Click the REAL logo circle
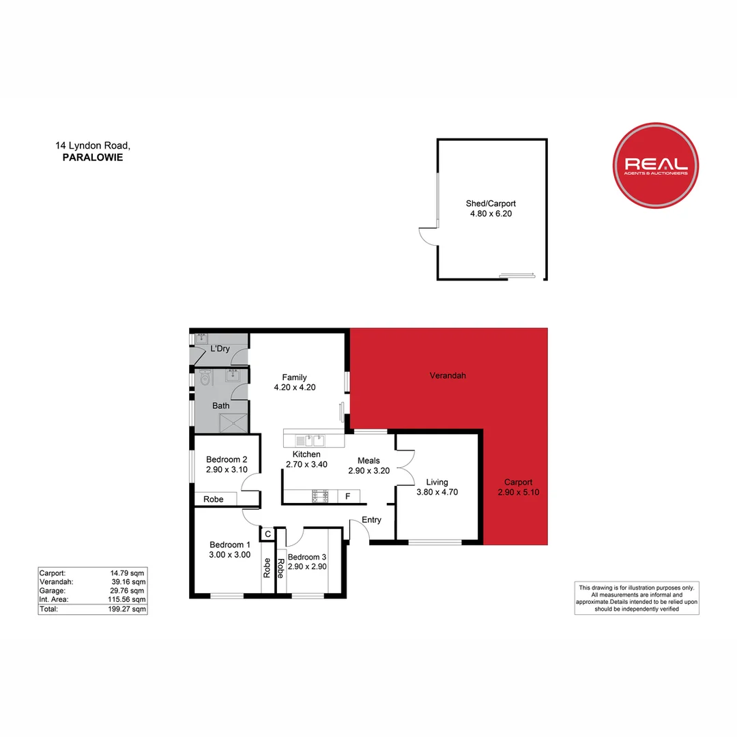(656, 165)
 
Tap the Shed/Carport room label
(491, 203)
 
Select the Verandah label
(448, 375)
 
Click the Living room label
(437, 482)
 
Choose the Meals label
(369, 461)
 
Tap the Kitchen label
(306, 454)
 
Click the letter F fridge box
(348, 496)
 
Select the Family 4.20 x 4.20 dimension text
(295, 387)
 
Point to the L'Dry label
(220, 349)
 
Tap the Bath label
(220, 406)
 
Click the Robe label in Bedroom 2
(214, 500)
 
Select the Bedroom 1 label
(230, 545)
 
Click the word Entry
(371, 520)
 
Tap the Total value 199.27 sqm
(129, 609)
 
